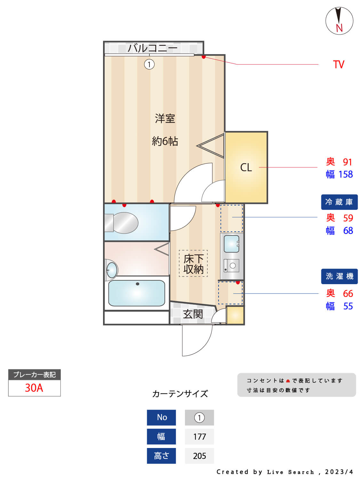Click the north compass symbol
[339, 21]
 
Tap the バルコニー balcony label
[152, 48]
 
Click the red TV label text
[338, 64]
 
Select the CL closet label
[246, 167]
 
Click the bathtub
[137, 293]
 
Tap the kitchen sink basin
[231, 244]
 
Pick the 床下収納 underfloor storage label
[193, 264]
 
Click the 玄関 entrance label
[193, 314]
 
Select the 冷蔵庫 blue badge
[339, 202]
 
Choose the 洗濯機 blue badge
[339, 276]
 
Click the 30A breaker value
[34, 388]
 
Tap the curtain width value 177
[199, 436]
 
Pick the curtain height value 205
[199, 456]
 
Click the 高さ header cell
[161, 456]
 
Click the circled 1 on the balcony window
[149, 64]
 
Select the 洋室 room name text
[165, 119]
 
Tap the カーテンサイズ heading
[180, 394]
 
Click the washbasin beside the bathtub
[112, 270]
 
